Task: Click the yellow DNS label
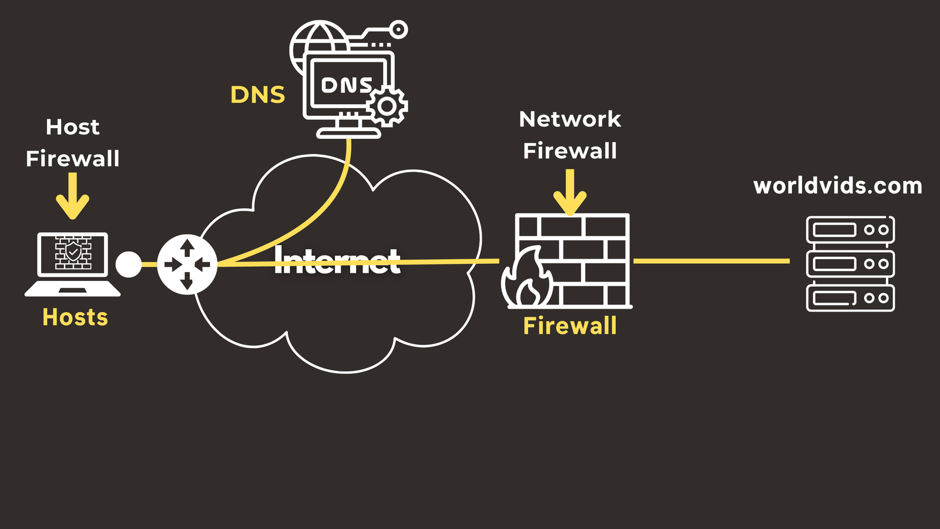[x=257, y=95]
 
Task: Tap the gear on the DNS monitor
[x=387, y=106]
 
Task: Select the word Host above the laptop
[x=73, y=127]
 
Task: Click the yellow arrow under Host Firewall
[x=72, y=197]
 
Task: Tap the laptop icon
[x=72, y=263]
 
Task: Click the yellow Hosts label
[x=75, y=317]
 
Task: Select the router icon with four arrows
[x=187, y=264]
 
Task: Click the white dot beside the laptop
[x=129, y=264]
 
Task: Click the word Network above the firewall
[x=570, y=119]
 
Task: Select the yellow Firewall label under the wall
[x=570, y=326]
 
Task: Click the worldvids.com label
[x=838, y=186]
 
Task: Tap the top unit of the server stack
[x=850, y=230]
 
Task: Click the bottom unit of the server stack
[x=850, y=298]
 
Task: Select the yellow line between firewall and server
[x=711, y=261]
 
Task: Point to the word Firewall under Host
[x=73, y=159]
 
